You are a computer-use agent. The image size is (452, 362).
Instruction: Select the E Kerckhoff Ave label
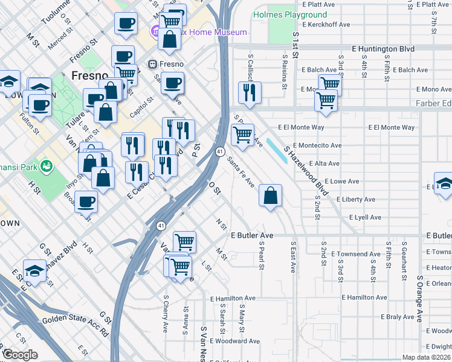(x=325, y=25)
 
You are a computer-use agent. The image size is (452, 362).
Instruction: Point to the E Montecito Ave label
(x=317, y=145)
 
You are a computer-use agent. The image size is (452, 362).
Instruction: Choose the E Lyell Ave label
(x=365, y=217)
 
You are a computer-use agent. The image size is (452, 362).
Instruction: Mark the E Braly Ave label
(x=397, y=317)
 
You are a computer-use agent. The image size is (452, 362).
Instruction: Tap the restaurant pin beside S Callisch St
(x=249, y=92)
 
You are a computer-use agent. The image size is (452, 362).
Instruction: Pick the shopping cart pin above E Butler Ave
(x=184, y=243)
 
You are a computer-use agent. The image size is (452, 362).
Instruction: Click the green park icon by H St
(x=45, y=165)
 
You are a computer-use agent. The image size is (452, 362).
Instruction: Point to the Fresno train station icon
(x=153, y=64)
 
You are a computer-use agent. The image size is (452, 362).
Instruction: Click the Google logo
(x=20, y=355)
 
